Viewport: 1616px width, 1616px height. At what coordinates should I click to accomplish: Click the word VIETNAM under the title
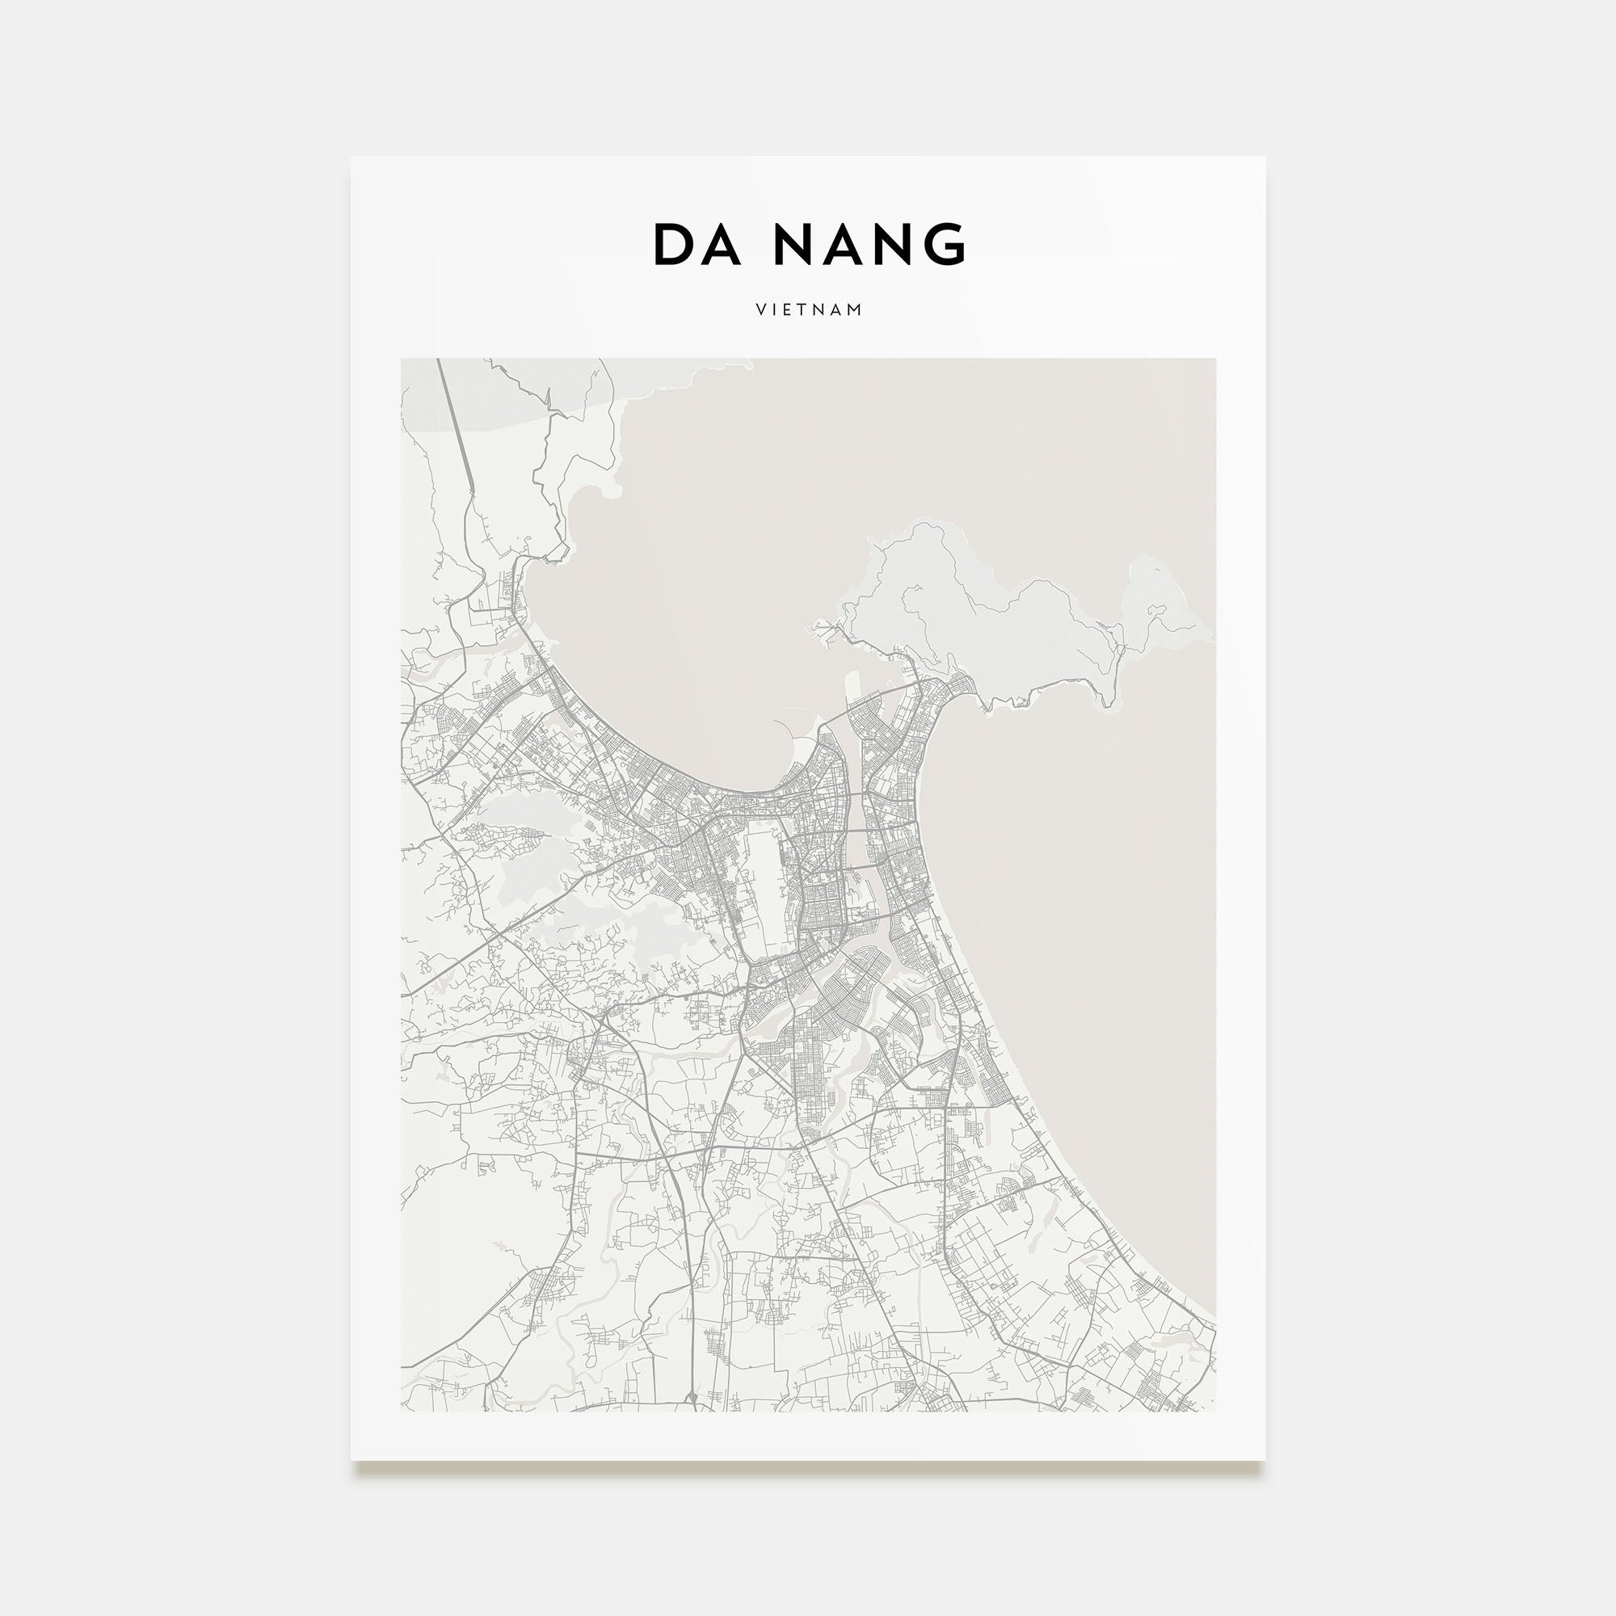coord(809,309)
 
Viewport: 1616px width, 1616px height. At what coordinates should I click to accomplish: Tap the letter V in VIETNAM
coord(760,309)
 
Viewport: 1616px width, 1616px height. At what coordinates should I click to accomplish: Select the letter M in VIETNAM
coord(855,309)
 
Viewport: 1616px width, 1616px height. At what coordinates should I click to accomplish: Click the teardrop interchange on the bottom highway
coord(692,1397)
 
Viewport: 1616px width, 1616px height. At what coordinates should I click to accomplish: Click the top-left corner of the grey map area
coord(402,360)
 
